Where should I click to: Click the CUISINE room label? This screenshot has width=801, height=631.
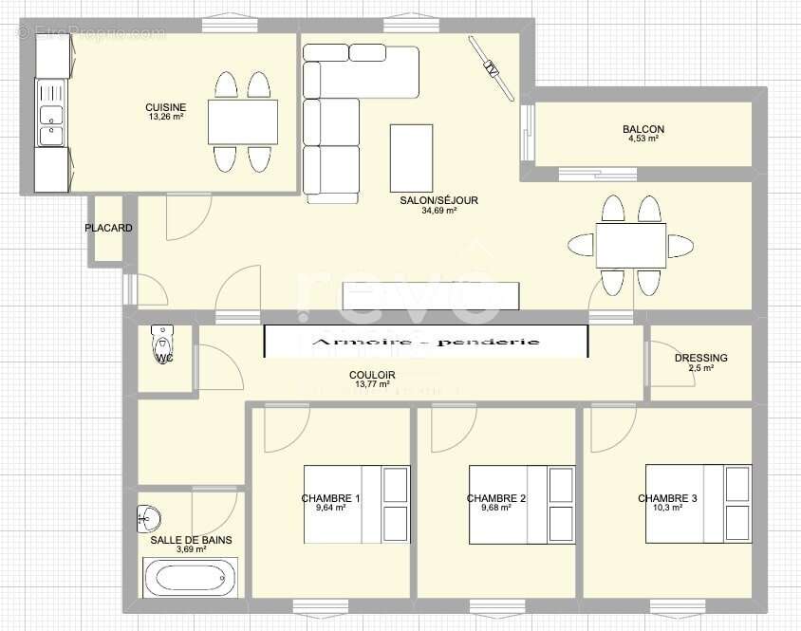click(x=165, y=107)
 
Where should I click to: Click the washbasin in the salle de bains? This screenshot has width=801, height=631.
click(x=148, y=518)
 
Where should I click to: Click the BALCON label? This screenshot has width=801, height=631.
click(x=643, y=129)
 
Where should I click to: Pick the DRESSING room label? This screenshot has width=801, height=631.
click(x=700, y=358)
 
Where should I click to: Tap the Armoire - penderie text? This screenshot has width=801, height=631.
click(x=425, y=342)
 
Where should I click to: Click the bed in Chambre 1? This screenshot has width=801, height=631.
click(x=357, y=504)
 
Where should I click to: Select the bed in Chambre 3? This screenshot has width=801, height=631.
click(x=698, y=504)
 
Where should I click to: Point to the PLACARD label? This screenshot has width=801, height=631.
click(x=108, y=229)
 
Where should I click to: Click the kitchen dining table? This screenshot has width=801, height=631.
click(x=242, y=121)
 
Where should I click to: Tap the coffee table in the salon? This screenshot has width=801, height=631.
click(x=411, y=158)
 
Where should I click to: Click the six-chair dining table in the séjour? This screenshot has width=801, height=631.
click(x=630, y=246)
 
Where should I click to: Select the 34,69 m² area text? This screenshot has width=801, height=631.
click(x=438, y=211)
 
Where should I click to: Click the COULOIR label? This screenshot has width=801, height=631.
click(x=372, y=375)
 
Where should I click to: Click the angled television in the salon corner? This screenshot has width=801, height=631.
click(x=492, y=68)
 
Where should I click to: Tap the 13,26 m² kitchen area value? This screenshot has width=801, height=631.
click(x=165, y=118)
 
